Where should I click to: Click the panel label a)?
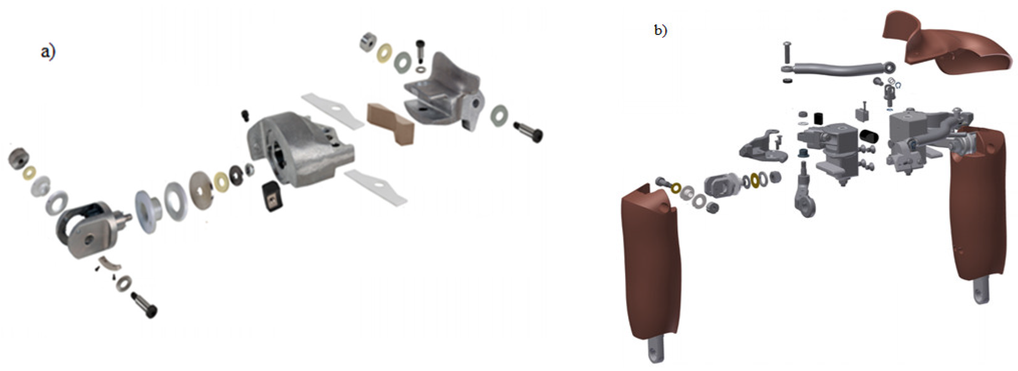pyautogui.click(x=48, y=52)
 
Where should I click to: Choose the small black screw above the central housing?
pyautogui.click(x=246, y=116)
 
